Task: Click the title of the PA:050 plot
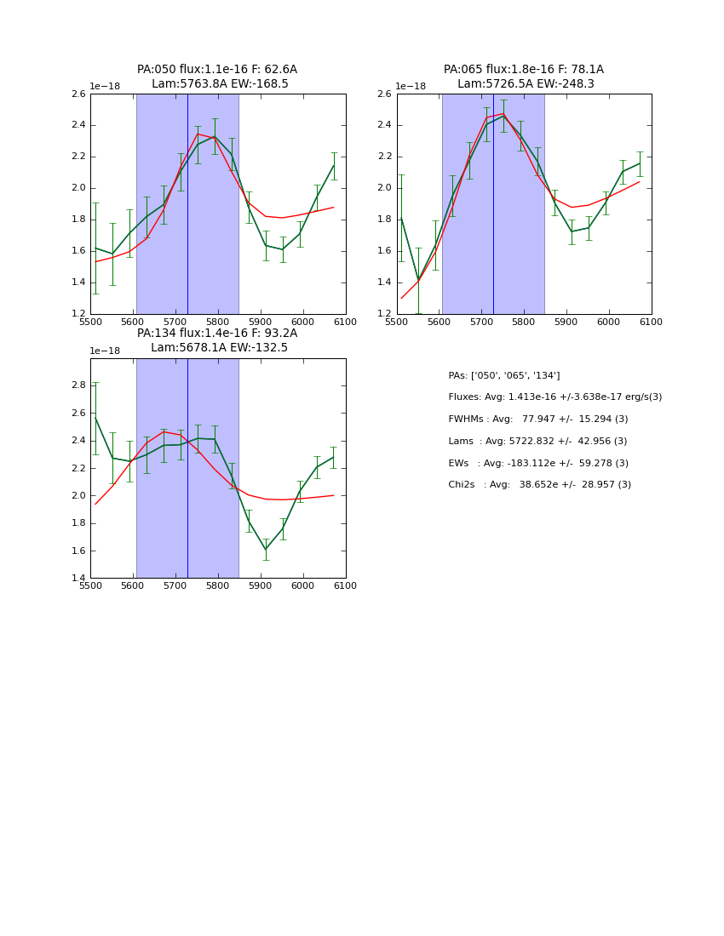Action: pos(217,77)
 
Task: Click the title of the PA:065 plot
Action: pos(524,77)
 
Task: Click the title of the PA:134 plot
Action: pos(217,340)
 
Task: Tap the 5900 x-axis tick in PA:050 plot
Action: pos(261,322)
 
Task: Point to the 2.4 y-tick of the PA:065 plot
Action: pos(386,125)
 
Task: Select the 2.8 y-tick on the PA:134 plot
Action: pos(79,385)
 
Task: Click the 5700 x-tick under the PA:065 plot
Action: pos(481,322)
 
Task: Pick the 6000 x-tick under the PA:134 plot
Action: pos(303,586)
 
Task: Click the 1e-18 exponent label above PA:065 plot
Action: pos(411,87)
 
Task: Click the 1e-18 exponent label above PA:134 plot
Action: pos(105,351)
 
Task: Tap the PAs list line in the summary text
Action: pos(504,375)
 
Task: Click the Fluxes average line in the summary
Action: pos(554,397)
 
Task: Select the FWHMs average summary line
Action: pos(537,419)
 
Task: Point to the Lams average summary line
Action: pos(537,442)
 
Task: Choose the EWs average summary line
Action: pos(537,464)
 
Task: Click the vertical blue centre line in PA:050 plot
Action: pos(187,204)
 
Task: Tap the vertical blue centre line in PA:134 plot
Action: pos(187,468)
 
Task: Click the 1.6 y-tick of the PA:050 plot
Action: pos(79,251)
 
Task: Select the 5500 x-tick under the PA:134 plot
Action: pos(90,586)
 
